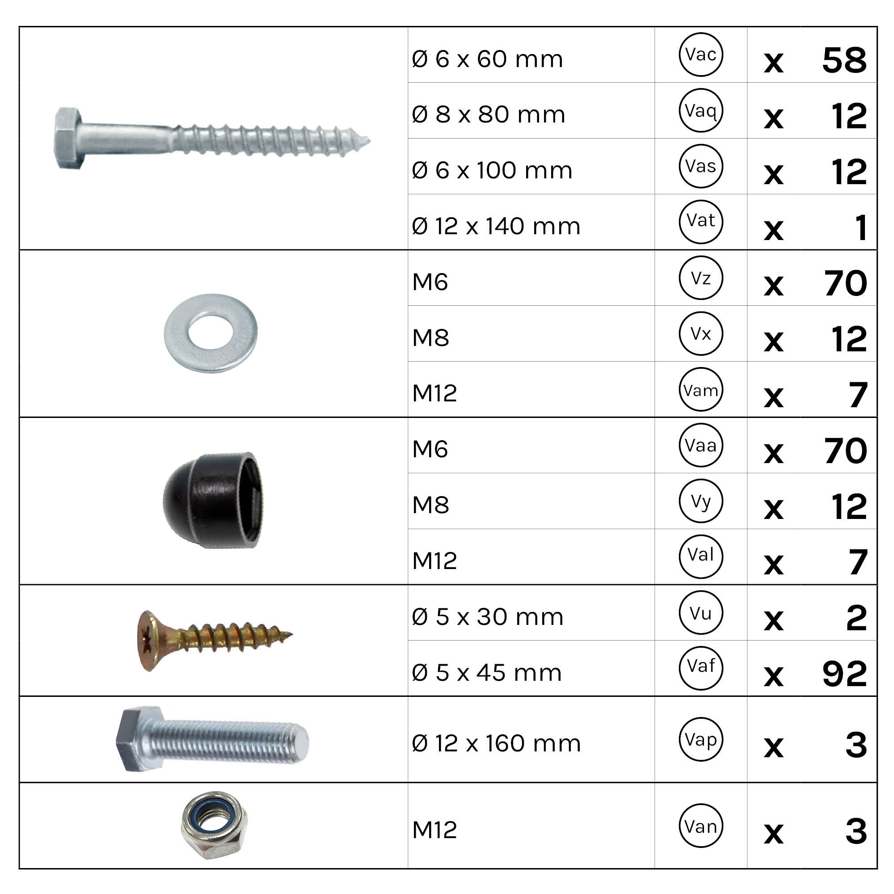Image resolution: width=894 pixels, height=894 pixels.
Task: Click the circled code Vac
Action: tap(700, 55)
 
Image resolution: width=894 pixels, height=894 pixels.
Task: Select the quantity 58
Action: tap(844, 60)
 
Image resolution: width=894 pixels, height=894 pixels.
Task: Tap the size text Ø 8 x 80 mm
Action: tap(488, 114)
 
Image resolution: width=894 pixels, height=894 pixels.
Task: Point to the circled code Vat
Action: tap(700, 222)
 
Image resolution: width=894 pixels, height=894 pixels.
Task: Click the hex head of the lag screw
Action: tap(68, 138)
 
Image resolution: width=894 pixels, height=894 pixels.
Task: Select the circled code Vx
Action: tap(700, 333)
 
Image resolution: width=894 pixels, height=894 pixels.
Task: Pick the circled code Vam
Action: tap(700, 389)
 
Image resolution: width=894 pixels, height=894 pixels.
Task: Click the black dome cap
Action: tap(213, 500)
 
